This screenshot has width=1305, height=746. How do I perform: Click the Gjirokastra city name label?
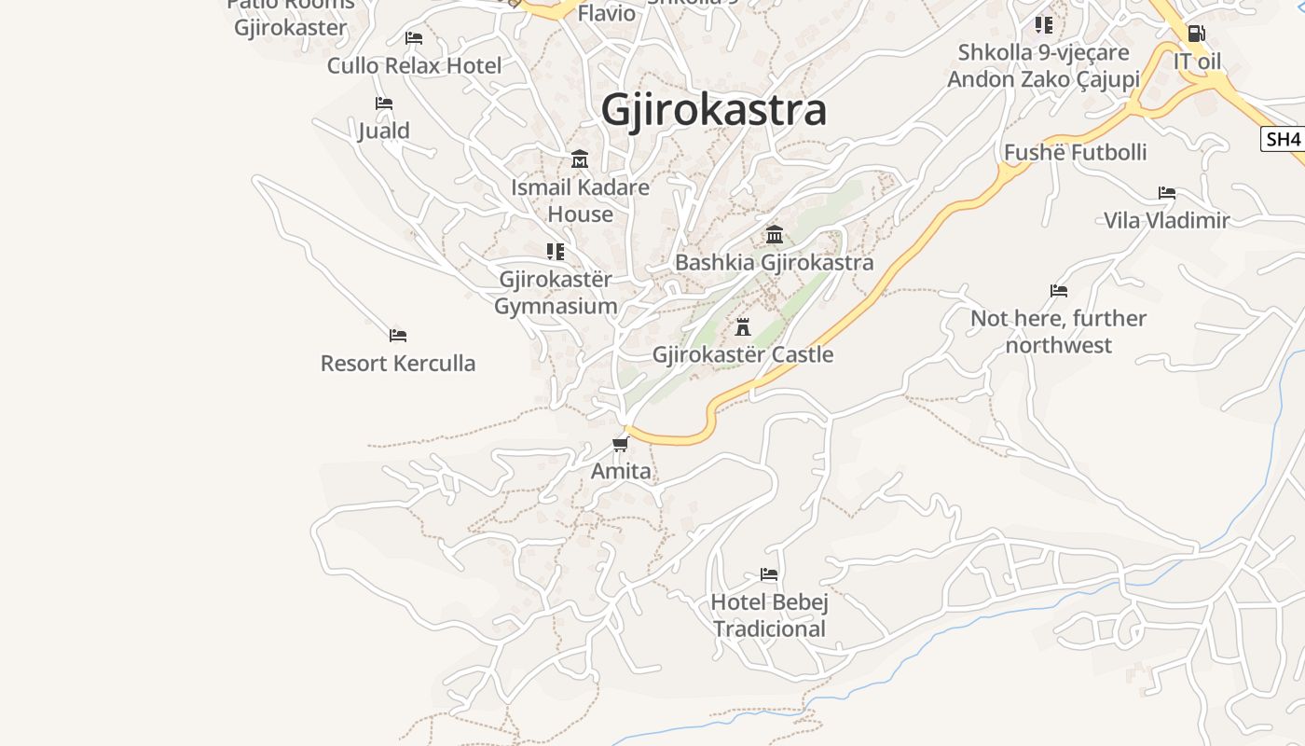coord(714,110)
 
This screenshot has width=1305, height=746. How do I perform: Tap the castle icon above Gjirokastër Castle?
coord(743,327)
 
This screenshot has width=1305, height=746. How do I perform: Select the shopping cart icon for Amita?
coord(621,444)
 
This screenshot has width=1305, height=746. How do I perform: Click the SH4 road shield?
coord(1283,140)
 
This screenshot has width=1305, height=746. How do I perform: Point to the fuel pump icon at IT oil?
coord(1196,34)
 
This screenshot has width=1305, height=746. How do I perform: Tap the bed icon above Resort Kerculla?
coord(398,335)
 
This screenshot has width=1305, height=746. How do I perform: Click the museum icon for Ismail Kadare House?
coord(580,159)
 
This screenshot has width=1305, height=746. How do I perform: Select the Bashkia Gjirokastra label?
coord(774,262)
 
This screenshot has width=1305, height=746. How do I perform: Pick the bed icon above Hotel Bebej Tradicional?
coord(769,574)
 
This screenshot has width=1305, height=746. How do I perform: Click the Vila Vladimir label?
coord(1166,220)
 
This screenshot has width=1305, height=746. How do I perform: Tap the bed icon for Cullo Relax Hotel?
coord(414,38)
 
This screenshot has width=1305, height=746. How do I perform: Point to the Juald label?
coord(384,131)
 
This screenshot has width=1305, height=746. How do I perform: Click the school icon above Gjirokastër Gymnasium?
coord(556,251)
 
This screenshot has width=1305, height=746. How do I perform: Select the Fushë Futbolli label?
coord(1075,152)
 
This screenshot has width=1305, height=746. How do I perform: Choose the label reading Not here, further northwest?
coord(1059,332)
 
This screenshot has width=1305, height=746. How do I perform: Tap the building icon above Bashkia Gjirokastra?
coord(775,234)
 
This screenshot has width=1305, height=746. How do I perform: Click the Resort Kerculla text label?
coord(398,363)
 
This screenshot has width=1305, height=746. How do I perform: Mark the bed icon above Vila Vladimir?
coord(1167,193)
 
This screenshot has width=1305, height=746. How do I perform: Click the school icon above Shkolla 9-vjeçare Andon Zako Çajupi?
coord(1044,24)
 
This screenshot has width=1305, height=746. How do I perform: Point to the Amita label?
coord(621,471)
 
